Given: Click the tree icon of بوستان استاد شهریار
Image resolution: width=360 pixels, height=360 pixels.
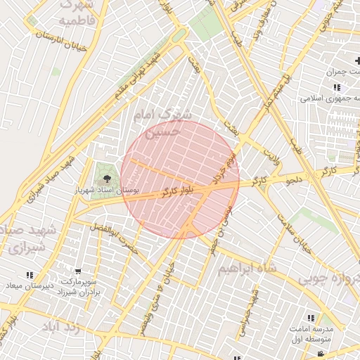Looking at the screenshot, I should [x=108, y=179].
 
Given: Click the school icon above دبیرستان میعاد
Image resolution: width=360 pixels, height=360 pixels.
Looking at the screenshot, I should [x=29, y=275].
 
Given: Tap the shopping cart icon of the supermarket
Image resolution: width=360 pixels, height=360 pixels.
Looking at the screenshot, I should [x=79, y=271].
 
